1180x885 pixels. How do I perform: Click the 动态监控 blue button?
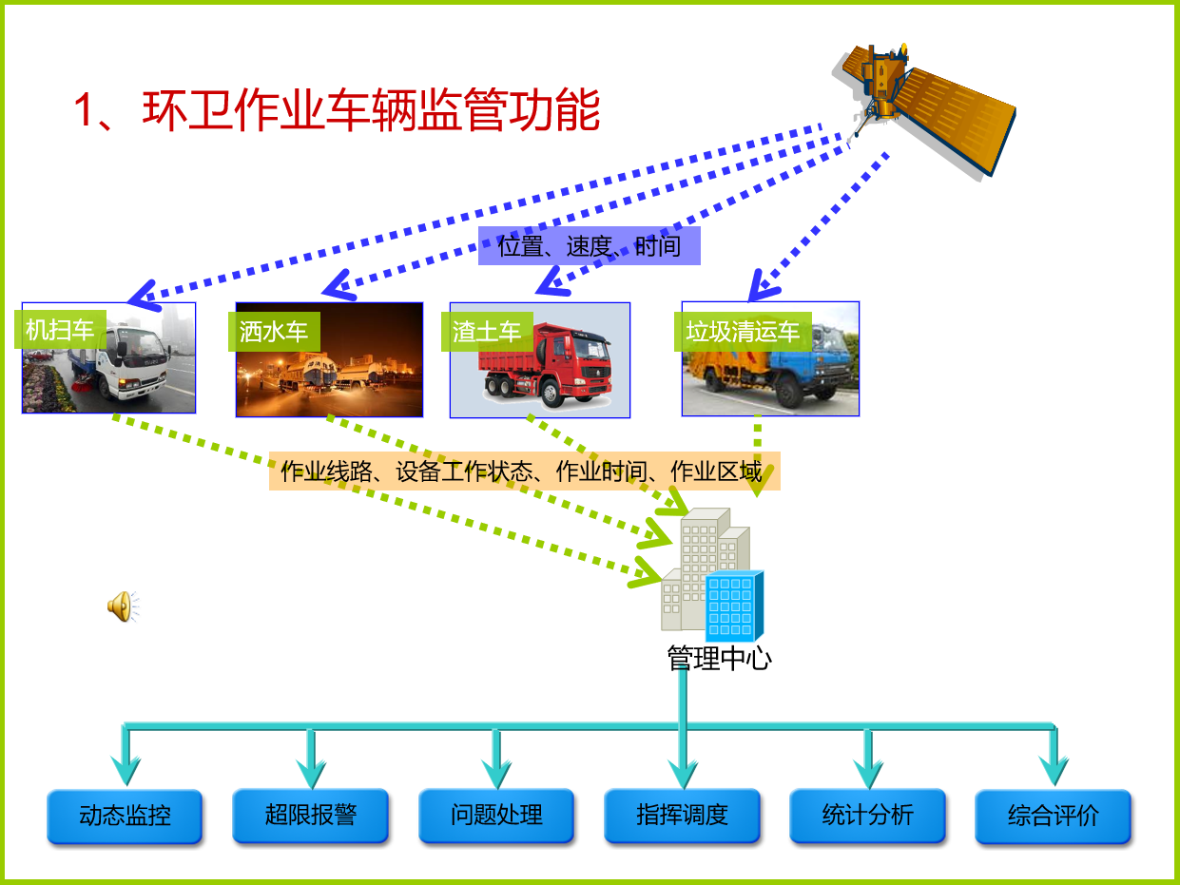click(x=125, y=816)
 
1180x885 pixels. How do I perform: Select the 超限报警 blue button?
click(x=310, y=816)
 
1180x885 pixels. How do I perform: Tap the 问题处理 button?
click(x=496, y=816)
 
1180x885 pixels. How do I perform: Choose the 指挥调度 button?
click(x=682, y=816)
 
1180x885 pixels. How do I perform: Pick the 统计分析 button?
click(x=867, y=816)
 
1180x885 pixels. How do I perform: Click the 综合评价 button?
click(x=1054, y=817)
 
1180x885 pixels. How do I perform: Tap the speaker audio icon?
click(x=123, y=606)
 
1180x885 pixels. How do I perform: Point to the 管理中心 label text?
click(x=719, y=659)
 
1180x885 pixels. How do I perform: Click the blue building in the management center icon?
click(x=734, y=606)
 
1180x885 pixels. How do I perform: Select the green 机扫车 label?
click(x=60, y=330)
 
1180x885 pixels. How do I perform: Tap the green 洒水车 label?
click(x=274, y=332)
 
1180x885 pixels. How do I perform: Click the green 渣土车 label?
click(x=487, y=332)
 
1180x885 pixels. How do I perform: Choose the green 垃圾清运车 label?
click(x=743, y=332)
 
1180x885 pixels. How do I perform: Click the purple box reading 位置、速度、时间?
click(x=590, y=246)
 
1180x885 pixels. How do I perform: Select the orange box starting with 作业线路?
click(x=524, y=471)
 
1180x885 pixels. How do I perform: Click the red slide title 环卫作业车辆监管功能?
click(x=371, y=110)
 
